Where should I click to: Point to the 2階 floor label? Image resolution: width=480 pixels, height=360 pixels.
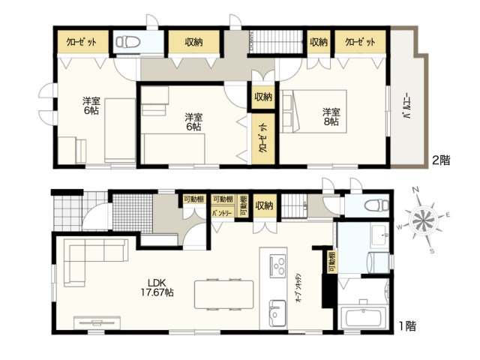point(440,160)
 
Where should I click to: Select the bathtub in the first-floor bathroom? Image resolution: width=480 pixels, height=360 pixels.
point(361,318)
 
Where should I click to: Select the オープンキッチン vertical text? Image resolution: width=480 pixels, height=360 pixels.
point(298,286)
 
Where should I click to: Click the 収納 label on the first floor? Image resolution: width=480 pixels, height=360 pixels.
point(263,205)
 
